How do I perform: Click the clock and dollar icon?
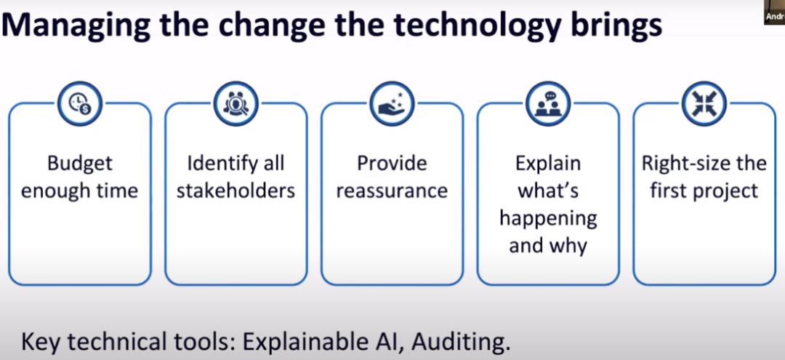tap(80, 104)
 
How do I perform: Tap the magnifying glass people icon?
tap(235, 104)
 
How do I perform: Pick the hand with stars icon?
tap(392, 104)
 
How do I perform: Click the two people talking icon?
tap(548, 104)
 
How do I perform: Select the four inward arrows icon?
tap(704, 104)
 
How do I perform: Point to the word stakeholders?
tap(235, 191)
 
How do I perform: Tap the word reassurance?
tap(392, 191)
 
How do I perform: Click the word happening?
tap(548, 220)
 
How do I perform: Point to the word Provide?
tap(392, 164)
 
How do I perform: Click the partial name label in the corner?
tap(775, 17)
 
